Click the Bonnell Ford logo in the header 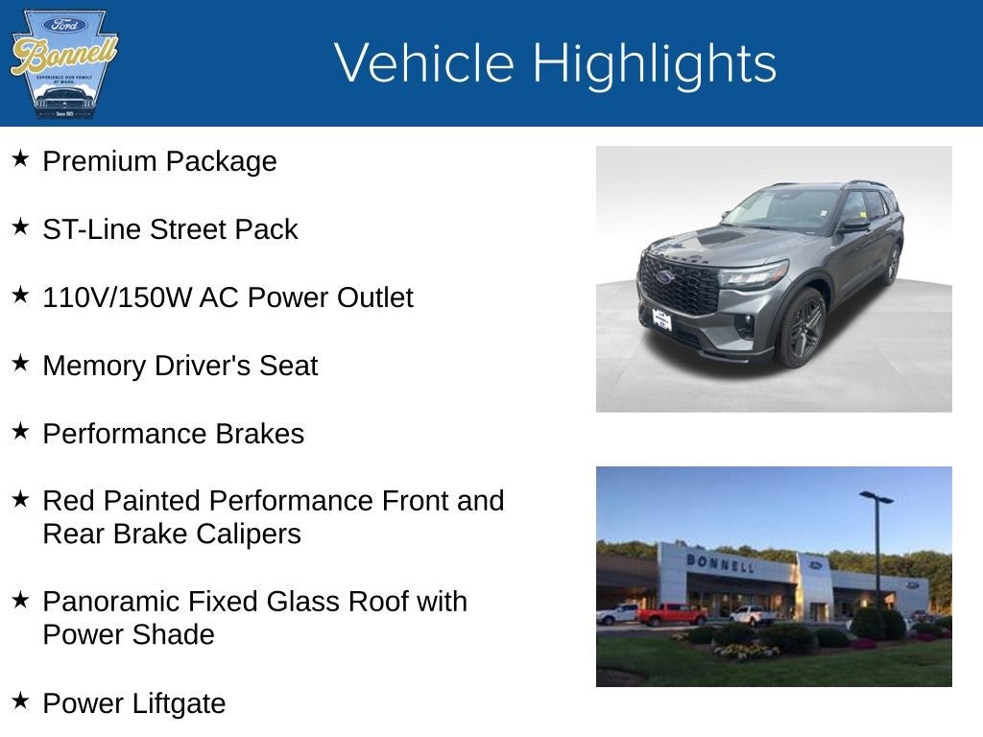[x=63, y=63]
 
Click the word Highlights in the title [x=654, y=63]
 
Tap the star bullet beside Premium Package [x=20, y=158]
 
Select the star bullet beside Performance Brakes [x=20, y=431]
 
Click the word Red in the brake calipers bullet [x=69, y=501]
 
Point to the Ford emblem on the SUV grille [x=664, y=277]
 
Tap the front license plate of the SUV [x=662, y=320]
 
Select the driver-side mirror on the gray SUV [x=852, y=226]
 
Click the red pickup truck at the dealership [x=671, y=614]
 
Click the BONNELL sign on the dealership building [x=720, y=563]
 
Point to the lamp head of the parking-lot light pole [x=875, y=497]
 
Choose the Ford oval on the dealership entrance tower [x=815, y=565]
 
